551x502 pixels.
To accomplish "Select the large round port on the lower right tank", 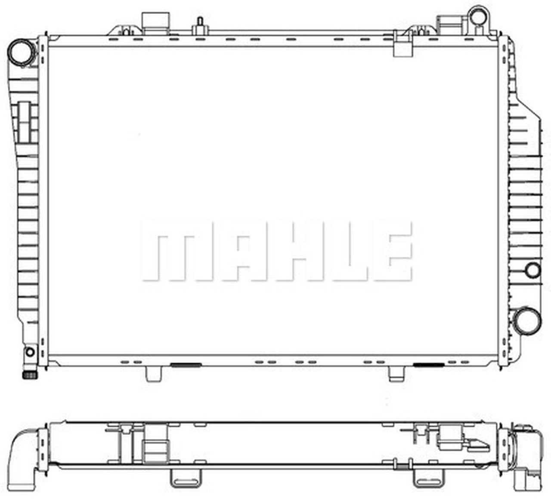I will click(527, 320).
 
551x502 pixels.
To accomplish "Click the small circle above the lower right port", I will click(533, 270).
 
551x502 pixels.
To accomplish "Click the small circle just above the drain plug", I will click(30, 352).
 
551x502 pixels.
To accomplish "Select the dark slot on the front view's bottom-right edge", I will click(429, 365).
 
